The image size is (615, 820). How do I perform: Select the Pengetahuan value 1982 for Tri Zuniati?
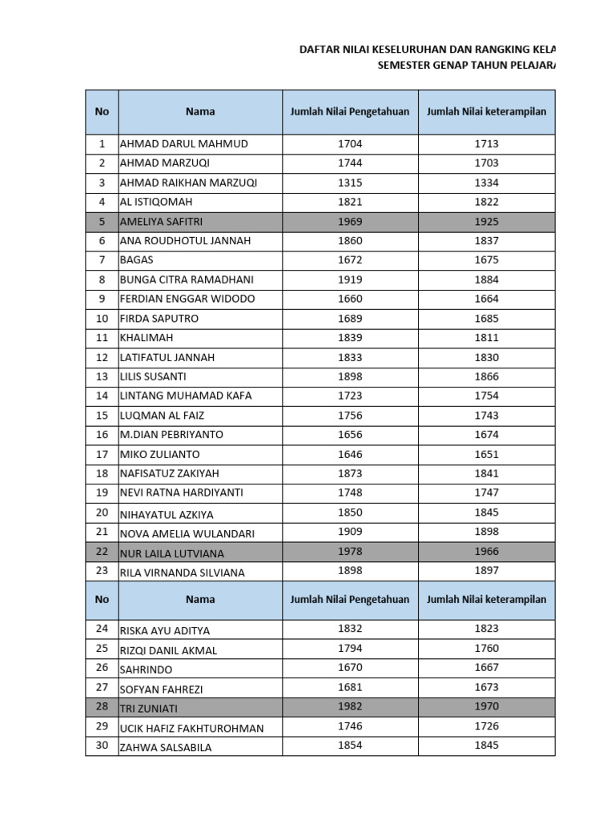(x=349, y=706)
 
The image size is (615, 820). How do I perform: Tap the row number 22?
(x=102, y=553)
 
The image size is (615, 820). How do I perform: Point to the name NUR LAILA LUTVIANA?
(x=171, y=553)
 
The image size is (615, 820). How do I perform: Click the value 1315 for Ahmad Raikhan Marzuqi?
(x=349, y=183)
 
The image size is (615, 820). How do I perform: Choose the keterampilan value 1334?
(x=486, y=183)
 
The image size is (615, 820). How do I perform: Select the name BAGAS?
(x=136, y=260)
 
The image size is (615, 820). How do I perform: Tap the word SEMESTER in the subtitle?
(x=405, y=65)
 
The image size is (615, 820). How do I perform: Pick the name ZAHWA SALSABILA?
(x=167, y=747)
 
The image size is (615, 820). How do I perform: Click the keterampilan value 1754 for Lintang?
(x=486, y=396)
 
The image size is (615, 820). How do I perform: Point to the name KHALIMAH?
(x=146, y=338)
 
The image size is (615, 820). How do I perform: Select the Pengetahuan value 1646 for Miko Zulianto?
(x=349, y=454)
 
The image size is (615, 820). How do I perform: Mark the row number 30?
(x=102, y=746)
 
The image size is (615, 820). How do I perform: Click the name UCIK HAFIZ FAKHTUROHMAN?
(x=191, y=728)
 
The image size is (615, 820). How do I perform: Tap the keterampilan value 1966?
(x=486, y=551)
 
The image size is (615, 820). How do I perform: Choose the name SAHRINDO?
(x=146, y=669)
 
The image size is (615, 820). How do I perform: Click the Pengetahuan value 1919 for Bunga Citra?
(x=349, y=279)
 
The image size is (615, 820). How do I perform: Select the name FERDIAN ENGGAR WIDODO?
(x=187, y=299)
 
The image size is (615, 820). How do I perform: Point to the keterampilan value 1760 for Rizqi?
(x=486, y=648)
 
